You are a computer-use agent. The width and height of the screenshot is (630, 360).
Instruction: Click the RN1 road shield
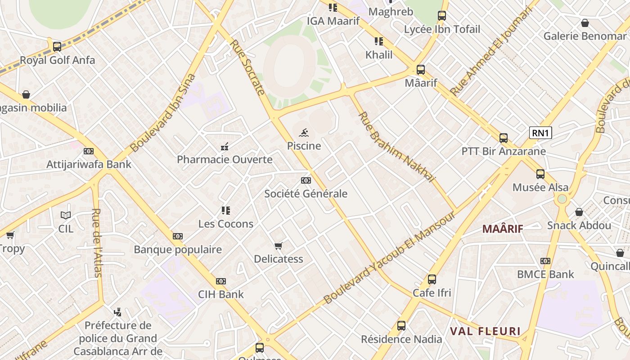click(540, 133)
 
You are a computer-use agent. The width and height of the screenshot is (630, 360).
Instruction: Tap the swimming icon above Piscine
click(304, 133)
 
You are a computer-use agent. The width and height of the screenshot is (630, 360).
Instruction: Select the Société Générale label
click(306, 194)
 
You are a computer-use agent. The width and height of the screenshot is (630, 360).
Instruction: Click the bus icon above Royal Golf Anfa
click(57, 46)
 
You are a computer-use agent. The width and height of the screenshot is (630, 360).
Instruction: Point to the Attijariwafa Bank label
click(89, 164)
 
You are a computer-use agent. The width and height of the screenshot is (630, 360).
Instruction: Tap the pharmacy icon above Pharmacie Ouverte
click(225, 146)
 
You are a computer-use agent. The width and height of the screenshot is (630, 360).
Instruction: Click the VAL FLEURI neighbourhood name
click(485, 332)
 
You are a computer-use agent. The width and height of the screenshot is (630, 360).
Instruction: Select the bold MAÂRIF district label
click(503, 229)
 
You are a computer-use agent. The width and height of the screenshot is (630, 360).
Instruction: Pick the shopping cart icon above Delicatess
click(279, 246)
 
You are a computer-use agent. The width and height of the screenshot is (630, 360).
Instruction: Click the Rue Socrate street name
click(247, 67)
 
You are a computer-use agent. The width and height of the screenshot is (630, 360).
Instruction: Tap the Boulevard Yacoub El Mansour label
click(390, 257)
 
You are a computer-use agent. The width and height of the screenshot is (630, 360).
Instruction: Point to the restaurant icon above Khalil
click(379, 41)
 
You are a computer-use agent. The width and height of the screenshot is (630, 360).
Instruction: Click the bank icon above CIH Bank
click(220, 281)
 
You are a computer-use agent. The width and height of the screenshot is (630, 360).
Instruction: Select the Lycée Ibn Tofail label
click(442, 29)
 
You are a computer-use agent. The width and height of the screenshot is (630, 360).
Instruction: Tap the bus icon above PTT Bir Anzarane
click(504, 138)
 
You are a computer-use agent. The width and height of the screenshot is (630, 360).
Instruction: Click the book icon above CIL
click(66, 215)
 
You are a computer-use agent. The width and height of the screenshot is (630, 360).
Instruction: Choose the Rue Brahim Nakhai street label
click(396, 147)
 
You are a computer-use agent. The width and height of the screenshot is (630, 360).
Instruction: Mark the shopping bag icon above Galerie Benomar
click(585, 22)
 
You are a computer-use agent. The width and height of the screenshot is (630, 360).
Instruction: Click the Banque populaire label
click(178, 250)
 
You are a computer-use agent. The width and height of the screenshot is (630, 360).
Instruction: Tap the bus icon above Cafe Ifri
click(432, 279)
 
